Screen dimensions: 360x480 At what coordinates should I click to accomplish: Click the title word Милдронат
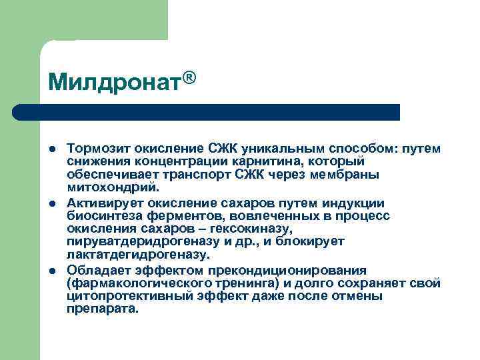115,82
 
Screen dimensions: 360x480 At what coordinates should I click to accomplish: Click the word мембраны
347,175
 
